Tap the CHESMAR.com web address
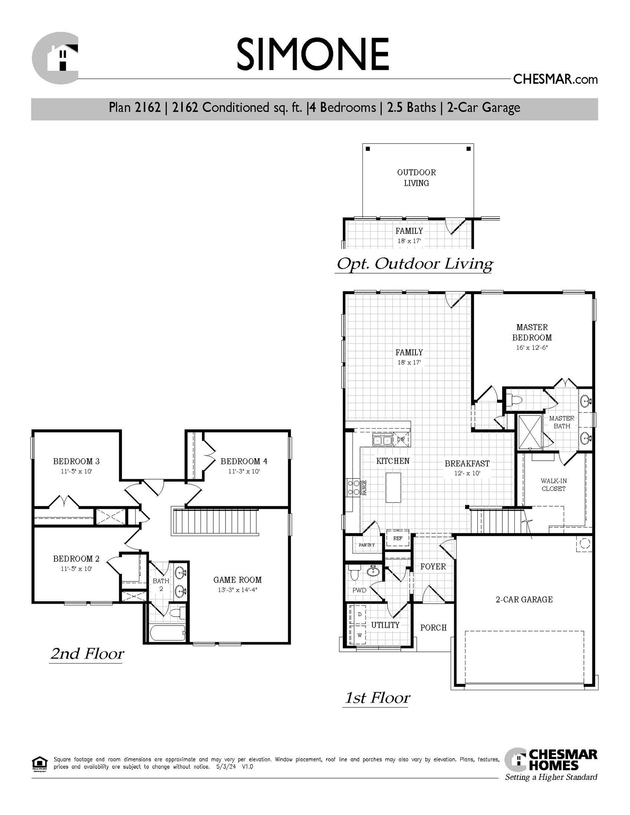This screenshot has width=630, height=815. pos(555,79)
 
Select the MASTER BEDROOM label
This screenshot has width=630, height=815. pos(532,332)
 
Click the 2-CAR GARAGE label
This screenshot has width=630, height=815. pos(524,600)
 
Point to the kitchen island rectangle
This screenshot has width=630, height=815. pos(393,487)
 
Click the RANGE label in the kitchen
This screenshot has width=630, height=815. pos(365,487)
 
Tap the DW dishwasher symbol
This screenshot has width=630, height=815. pos(401,440)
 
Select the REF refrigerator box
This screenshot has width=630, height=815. pos(398,539)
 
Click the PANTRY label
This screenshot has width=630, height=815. pos(367,545)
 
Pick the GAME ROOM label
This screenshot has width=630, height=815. pos(238,580)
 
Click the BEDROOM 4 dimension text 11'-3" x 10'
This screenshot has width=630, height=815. pos(244,471)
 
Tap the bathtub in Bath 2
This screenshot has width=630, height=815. pos(168,632)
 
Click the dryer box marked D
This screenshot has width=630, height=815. pos(360,615)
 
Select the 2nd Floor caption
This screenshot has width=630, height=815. pos(87,654)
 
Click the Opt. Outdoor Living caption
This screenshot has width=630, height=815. pos(415,264)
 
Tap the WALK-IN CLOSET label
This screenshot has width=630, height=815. pos(554,484)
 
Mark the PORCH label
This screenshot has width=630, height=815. pos(433,628)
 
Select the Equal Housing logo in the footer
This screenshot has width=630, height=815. pos(39,763)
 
